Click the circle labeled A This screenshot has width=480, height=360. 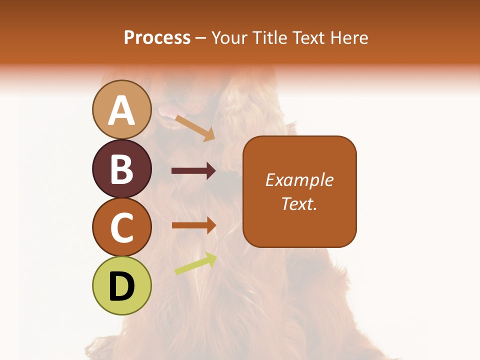(122, 109)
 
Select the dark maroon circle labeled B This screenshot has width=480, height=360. (122, 168)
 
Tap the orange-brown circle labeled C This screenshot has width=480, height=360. (122, 227)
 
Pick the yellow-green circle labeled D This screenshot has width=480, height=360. (122, 285)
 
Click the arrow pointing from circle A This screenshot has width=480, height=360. (195, 128)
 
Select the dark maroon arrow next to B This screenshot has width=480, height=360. (193, 171)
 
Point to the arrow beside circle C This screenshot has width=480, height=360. (193, 225)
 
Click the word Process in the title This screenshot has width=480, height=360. (157, 37)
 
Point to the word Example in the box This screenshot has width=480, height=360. (299, 180)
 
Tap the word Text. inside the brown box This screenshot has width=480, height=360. (299, 203)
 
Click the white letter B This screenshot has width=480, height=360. (122, 169)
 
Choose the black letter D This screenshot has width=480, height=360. (122, 286)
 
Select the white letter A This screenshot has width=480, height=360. (122, 110)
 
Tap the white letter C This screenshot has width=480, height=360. (122, 227)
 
